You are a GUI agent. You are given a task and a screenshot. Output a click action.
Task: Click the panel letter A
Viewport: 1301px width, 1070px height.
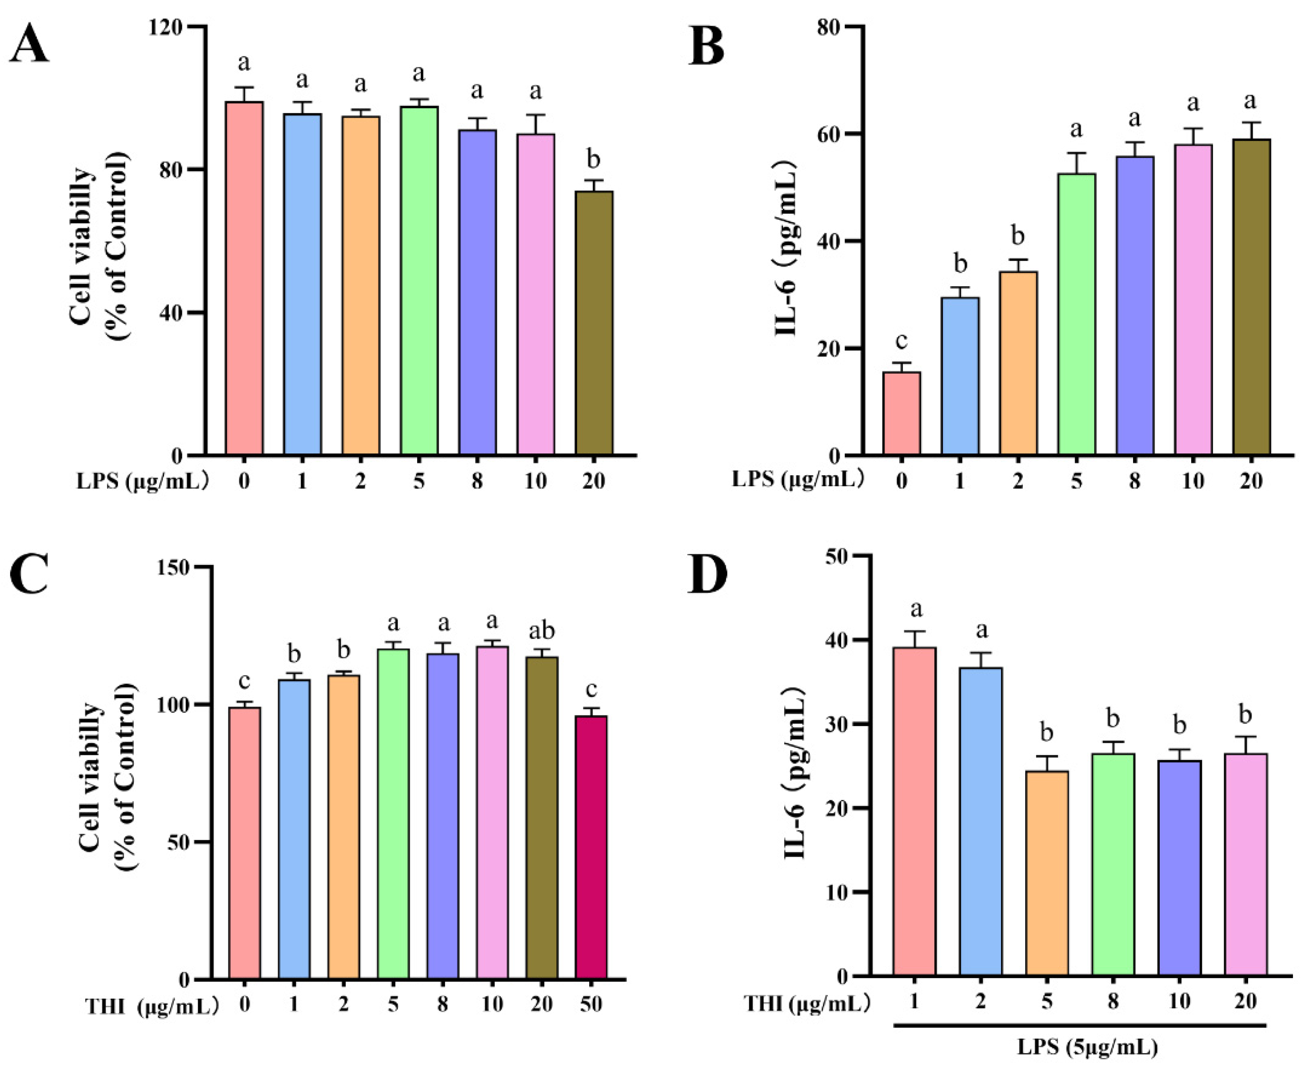coord(29,47)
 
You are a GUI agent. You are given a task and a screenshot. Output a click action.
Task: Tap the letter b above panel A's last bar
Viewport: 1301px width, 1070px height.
coord(593,159)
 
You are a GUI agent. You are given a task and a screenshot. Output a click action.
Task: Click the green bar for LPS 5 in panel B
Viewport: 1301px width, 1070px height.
coord(1077,314)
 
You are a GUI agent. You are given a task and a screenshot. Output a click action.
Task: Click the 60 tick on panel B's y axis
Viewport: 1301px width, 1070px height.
coord(833,134)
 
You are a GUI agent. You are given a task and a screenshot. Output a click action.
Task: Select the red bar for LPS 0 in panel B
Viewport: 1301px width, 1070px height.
coord(902,414)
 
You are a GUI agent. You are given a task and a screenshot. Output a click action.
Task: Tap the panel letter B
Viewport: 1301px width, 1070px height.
coord(706,47)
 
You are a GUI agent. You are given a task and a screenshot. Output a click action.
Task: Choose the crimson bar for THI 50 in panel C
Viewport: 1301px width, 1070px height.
coord(591,847)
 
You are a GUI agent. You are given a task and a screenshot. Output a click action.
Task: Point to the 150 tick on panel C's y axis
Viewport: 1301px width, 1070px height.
coord(179,567)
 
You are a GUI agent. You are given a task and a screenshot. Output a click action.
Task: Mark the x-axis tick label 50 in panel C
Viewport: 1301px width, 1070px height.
coord(591,1005)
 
